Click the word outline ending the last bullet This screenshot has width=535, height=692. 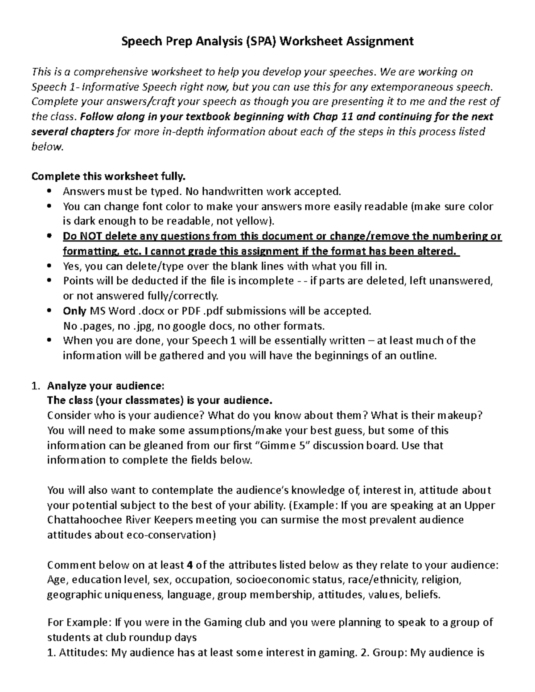tap(416, 356)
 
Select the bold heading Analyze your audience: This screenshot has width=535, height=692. tap(106, 385)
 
